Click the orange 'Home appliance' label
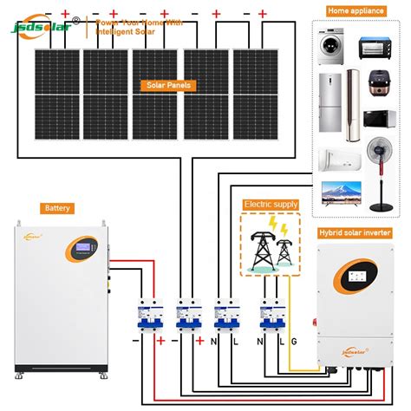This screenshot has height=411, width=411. (356, 10)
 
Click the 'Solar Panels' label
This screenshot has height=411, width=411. (168, 86)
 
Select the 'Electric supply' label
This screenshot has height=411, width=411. (271, 204)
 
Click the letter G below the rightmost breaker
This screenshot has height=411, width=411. (292, 341)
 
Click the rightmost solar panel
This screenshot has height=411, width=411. (255, 91)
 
